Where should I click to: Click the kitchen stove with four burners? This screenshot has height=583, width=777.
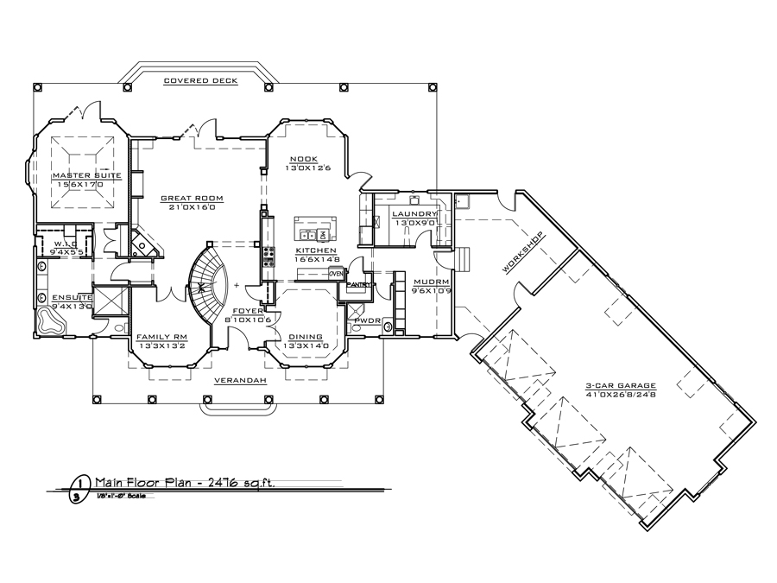(x=268, y=256)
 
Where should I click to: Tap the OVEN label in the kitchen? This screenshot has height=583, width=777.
(x=336, y=273)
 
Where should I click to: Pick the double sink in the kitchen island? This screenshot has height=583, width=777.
(x=307, y=235)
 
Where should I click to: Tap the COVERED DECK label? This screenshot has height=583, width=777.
(x=201, y=80)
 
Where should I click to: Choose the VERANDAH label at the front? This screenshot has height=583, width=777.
(x=236, y=380)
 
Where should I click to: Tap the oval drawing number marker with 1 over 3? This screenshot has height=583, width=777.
(x=79, y=489)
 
